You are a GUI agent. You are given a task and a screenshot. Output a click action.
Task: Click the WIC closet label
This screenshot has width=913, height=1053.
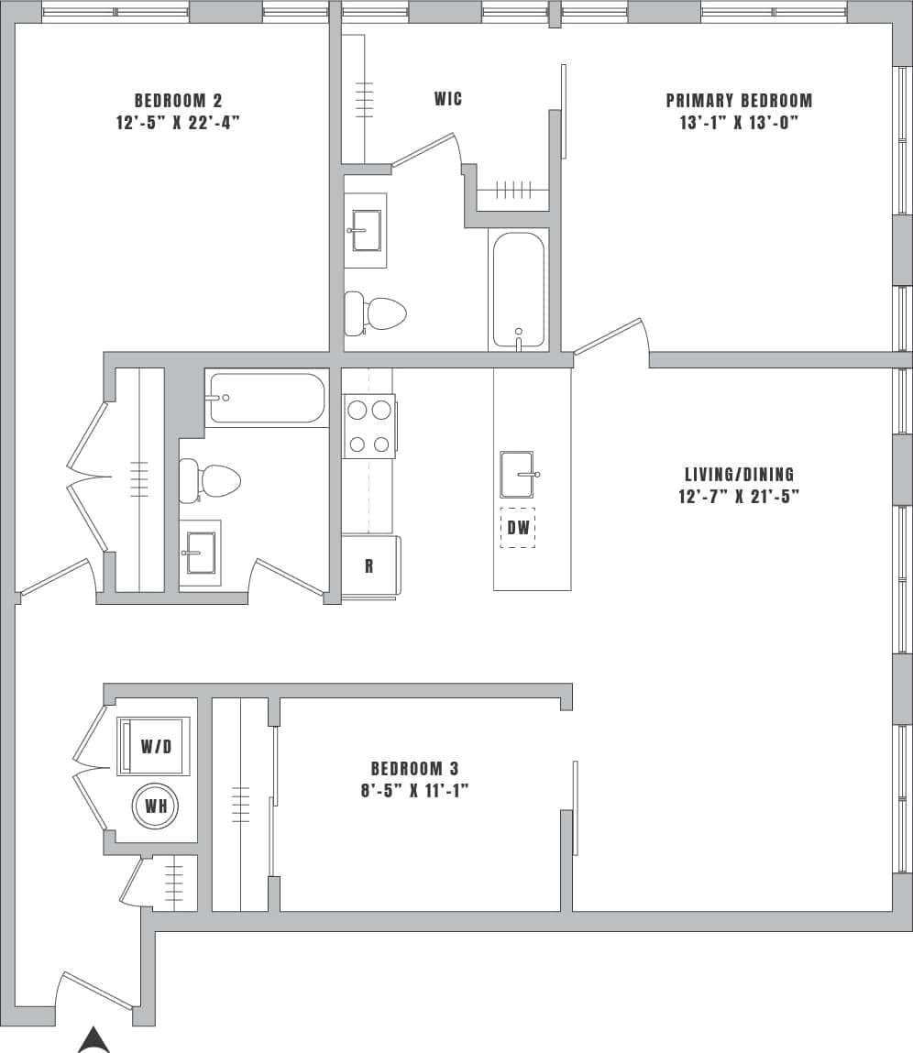(x=447, y=99)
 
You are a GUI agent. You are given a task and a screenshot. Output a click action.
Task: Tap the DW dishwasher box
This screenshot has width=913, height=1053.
(x=518, y=528)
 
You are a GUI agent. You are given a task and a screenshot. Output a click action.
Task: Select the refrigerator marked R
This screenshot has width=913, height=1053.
(x=369, y=565)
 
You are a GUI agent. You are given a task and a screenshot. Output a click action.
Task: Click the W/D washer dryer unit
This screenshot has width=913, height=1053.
(x=154, y=746)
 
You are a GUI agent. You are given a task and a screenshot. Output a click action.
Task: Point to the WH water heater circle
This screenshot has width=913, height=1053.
(x=155, y=807)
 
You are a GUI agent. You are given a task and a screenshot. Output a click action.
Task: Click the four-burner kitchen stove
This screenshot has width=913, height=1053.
(x=369, y=426)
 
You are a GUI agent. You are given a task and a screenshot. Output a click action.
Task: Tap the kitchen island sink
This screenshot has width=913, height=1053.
(x=518, y=475)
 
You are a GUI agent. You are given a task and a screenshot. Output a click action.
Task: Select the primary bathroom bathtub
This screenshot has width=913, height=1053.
(x=518, y=289)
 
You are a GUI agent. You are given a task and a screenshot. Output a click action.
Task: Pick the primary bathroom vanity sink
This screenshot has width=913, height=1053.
(x=366, y=230)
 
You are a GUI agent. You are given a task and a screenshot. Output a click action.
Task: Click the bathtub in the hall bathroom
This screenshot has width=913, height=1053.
(x=267, y=398)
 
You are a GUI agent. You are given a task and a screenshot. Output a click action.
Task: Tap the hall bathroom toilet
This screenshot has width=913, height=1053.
(x=210, y=480)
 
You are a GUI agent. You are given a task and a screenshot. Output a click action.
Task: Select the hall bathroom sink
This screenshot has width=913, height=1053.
(x=200, y=553)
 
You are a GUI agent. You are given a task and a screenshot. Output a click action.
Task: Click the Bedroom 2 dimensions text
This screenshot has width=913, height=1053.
(x=178, y=123)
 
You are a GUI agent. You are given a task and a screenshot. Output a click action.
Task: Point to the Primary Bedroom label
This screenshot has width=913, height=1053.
(x=739, y=101)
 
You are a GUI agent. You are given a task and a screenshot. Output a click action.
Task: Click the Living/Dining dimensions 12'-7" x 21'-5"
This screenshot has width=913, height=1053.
(x=739, y=497)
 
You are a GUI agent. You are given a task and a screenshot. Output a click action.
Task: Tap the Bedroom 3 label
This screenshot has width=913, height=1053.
(x=414, y=768)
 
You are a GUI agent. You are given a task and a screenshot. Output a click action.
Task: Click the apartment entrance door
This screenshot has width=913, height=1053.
(x=96, y=990)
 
